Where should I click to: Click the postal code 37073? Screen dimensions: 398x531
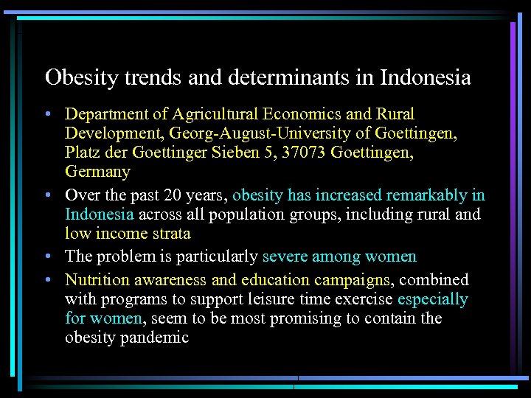click(x=302, y=153)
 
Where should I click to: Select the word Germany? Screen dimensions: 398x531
click(x=97, y=172)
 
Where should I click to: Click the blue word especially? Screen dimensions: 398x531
click(x=433, y=299)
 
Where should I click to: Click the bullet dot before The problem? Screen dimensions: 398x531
click(x=47, y=257)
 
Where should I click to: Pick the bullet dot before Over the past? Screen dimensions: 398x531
click(x=47, y=196)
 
